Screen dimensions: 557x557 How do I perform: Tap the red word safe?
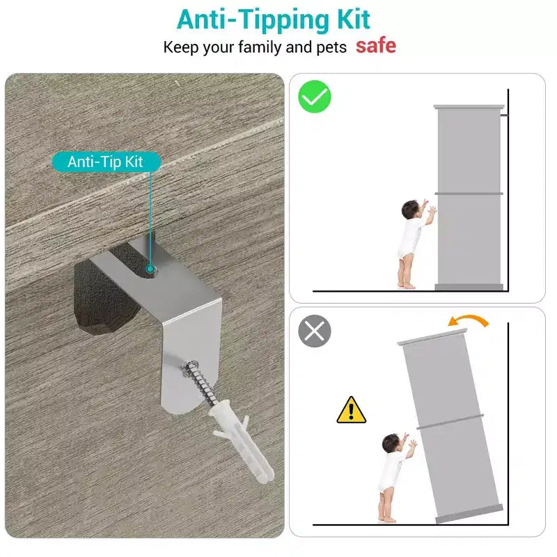pyautogui.click(x=376, y=46)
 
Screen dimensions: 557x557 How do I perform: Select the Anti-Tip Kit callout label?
pyautogui.click(x=107, y=162)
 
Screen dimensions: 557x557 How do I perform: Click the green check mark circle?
pyautogui.click(x=315, y=97)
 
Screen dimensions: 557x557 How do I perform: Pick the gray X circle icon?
pyautogui.click(x=315, y=331)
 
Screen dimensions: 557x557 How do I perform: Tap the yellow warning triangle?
pyautogui.click(x=352, y=410)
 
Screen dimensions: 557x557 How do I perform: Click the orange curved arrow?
pyautogui.click(x=468, y=320)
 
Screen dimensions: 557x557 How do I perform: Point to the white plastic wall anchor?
pyautogui.click(x=242, y=441)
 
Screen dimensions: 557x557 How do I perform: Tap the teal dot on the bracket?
pyautogui.click(x=150, y=269)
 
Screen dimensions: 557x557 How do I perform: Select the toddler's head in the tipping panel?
pyautogui.click(x=391, y=443)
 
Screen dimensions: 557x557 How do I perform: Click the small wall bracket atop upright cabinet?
pyautogui.click(x=504, y=115)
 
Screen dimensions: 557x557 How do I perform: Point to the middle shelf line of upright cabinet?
pyautogui.click(x=469, y=194)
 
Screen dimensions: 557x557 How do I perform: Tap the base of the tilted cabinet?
pyautogui.click(x=469, y=514)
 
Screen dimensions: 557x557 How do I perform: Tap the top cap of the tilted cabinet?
pyautogui.click(x=432, y=337)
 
